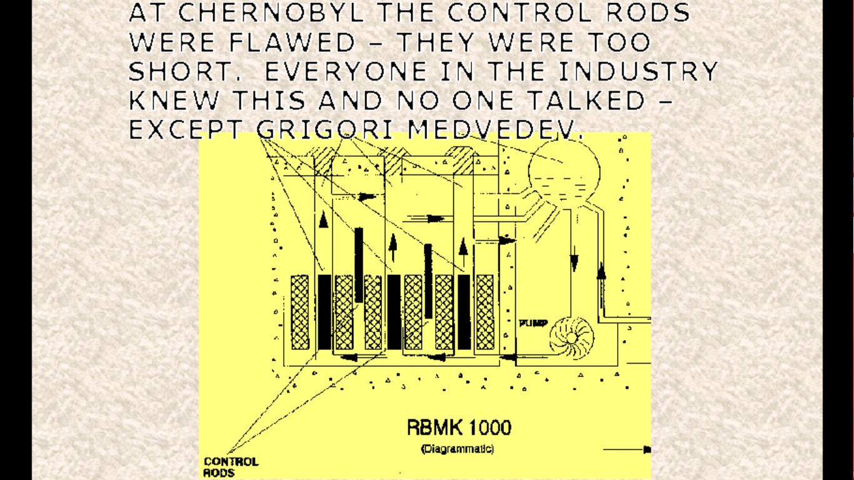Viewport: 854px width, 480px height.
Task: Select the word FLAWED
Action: point(293,43)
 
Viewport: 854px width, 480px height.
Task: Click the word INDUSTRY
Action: point(637,72)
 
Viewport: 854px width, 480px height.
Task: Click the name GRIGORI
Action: point(324,129)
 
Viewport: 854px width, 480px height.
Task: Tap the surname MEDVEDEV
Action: point(495,129)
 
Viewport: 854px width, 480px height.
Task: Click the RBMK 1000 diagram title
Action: point(458,428)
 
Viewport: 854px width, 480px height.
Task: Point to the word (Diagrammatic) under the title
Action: point(458,449)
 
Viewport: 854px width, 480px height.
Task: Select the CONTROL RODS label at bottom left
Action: point(230,467)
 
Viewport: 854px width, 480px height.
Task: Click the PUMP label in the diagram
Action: point(533,323)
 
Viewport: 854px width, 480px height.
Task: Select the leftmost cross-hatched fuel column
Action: point(300,312)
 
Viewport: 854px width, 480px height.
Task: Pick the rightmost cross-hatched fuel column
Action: point(485,312)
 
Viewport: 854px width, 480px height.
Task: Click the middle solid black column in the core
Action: point(394,312)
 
